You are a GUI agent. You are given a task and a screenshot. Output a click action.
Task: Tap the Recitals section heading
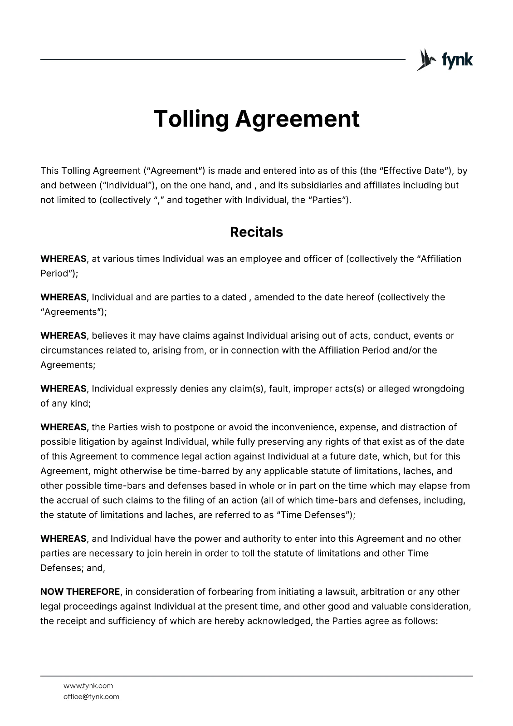256,232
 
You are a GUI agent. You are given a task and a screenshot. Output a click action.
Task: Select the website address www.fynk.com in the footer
88,686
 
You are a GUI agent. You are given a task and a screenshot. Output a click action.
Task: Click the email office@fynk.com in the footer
91,697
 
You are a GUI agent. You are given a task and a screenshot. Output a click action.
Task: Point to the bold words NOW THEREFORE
80,592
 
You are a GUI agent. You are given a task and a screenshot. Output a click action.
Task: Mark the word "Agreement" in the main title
298,119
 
